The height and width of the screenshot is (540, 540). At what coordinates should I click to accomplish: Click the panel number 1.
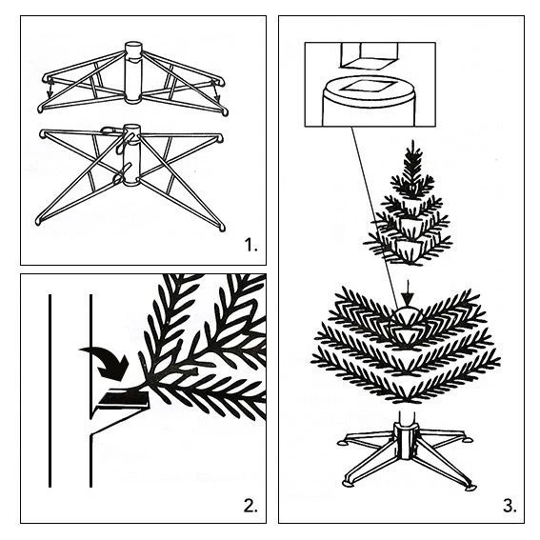coord(250,245)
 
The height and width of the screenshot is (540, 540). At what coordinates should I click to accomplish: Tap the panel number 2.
coord(250,506)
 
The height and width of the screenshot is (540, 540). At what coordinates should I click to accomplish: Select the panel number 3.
coord(510,506)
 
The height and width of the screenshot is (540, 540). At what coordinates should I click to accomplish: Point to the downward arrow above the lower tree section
coord(408,293)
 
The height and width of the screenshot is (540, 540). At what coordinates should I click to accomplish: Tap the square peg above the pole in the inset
coord(369,55)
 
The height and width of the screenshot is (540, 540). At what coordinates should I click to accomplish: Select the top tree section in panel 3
coord(410,203)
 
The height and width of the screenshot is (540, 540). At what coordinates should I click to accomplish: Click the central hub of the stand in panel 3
coord(406,441)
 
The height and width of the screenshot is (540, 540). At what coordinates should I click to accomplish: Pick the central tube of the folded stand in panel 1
coord(133,72)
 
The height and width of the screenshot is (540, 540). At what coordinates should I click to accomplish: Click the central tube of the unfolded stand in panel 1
coord(131,155)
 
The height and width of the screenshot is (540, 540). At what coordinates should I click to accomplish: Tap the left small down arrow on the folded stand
coord(50,88)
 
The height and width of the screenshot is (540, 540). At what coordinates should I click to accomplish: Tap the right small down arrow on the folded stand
coord(216,92)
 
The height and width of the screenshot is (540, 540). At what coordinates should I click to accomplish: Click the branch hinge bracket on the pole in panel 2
coord(122,399)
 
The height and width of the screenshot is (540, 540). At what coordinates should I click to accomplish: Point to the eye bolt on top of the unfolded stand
coord(109,131)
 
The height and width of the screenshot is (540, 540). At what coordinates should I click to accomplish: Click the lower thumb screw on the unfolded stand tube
coord(121,173)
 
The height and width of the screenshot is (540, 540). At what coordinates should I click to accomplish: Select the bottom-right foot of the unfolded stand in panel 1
coord(222,228)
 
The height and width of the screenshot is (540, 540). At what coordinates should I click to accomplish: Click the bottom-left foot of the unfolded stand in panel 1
coord(38,222)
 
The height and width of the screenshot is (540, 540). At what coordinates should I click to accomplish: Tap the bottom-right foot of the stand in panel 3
coord(470,488)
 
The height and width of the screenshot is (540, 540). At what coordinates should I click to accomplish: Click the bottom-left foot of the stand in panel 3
coord(349,484)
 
